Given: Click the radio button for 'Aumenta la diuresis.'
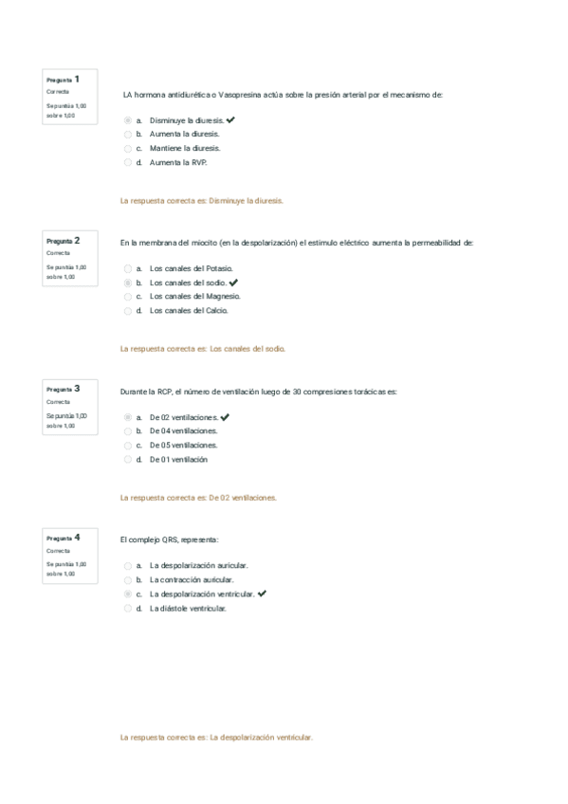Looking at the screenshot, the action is (128, 135).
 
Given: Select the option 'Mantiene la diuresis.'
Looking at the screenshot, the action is (128, 148).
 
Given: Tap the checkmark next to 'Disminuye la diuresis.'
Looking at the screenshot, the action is (231, 120).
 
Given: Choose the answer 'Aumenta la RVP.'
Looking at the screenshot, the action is (128, 162).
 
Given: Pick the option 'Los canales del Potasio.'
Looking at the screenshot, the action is (128, 268).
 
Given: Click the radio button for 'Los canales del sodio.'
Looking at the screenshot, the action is (128, 283).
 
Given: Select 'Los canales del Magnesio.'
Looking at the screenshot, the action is (128, 296).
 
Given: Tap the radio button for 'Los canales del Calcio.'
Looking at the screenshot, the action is (128, 310).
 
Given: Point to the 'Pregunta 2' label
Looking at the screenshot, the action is (63, 241).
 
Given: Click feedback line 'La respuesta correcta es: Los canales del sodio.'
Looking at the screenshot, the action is (203, 349).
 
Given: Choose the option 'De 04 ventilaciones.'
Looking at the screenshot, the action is (128, 430).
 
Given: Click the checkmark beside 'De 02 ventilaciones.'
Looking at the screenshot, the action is (225, 417).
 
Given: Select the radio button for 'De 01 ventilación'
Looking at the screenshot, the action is (128, 459).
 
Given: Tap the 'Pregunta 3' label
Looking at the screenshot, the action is (63, 389).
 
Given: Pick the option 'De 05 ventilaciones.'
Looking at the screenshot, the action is (128, 445).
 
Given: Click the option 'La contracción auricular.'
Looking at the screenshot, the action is (128, 579).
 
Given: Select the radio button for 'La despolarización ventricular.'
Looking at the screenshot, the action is (128, 594).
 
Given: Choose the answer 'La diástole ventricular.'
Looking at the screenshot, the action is (128, 608).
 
